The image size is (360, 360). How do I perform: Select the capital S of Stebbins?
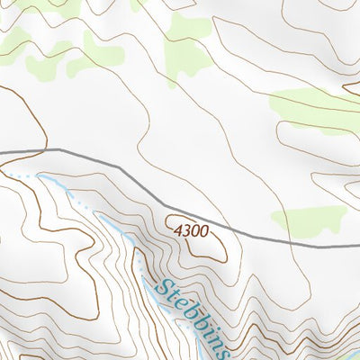[162, 291]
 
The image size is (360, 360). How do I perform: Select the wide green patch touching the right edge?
[315, 110]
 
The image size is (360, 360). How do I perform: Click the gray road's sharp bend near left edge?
[58, 149]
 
